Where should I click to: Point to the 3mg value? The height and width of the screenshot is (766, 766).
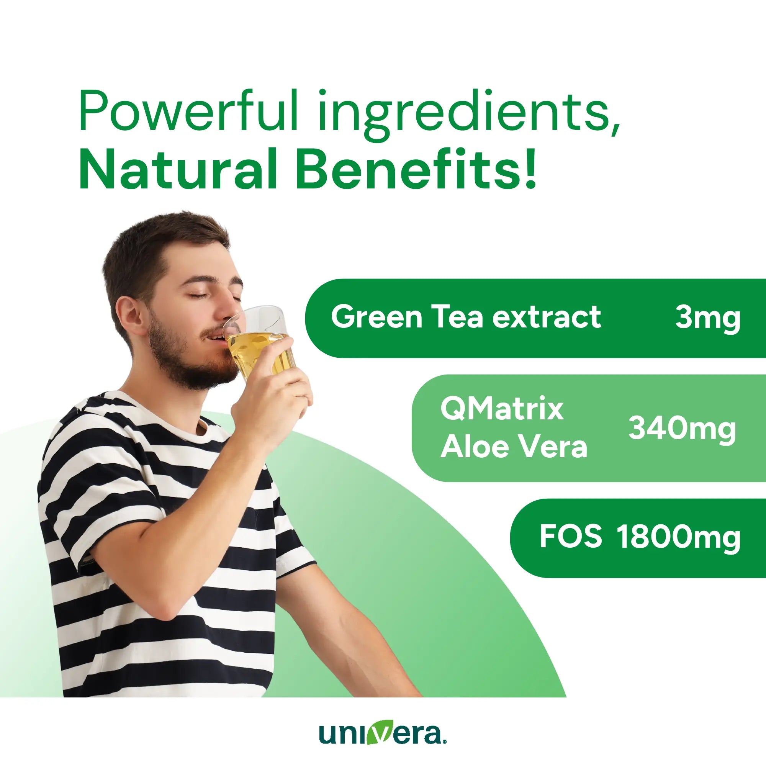707,318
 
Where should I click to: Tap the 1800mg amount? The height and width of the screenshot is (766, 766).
678,538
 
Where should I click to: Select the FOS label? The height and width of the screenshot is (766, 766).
571,537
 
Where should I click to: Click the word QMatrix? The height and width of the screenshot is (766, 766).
502,409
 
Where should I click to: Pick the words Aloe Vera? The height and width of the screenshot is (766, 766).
514,447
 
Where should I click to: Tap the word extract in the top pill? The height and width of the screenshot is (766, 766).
547,317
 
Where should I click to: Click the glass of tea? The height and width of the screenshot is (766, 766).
262,341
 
